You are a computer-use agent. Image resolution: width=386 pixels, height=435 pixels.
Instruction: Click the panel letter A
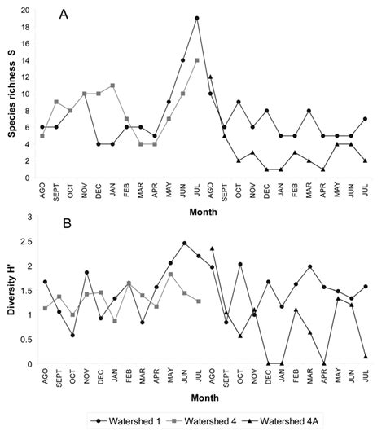coord(64,15)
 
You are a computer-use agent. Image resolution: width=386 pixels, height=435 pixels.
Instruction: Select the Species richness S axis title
coord(13,94)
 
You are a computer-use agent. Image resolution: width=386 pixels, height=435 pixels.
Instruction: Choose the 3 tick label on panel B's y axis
coord(29,217)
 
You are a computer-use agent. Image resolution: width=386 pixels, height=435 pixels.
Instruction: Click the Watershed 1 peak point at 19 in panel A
coord(197,18)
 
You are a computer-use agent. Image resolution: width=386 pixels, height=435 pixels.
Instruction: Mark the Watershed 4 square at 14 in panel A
coord(197,60)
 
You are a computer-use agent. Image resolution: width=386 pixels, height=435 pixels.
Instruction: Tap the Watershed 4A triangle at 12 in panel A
coord(211,77)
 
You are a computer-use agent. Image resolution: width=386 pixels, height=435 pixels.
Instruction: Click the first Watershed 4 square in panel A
coord(42,135)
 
